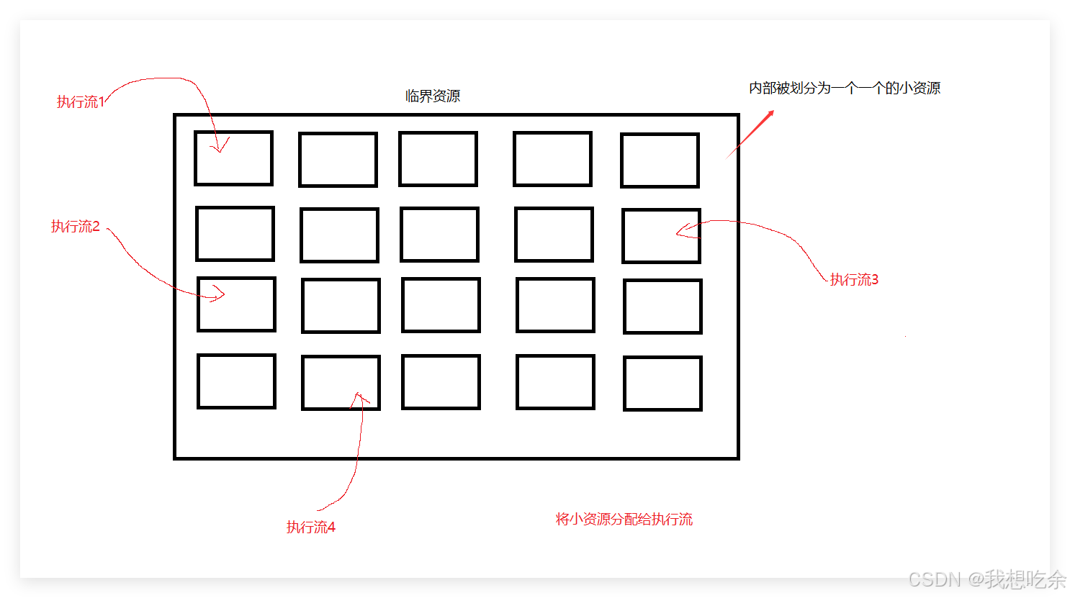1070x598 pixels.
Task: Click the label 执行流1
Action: click(81, 102)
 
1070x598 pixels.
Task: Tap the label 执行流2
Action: click(76, 227)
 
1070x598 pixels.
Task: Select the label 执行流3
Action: click(854, 280)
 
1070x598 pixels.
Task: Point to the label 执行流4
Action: click(311, 527)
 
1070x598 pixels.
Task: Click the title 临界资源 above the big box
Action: click(433, 96)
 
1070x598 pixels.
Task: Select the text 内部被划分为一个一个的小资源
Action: click(845, 89)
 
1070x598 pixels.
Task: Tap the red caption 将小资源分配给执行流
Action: click(624, 520)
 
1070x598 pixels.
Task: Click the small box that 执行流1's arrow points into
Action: click(233, 158)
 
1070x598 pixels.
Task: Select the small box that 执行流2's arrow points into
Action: click(236, 304)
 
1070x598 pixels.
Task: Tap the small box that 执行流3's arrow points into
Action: click(661, 236)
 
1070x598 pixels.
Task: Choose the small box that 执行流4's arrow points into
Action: click(341, 383)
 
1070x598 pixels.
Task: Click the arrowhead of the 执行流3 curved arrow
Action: click(680, 231)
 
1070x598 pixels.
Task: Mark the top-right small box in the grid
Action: click(660, 160)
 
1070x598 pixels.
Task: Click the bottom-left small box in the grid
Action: click(236, 381)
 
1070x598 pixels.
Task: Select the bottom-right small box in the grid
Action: click(662, 384)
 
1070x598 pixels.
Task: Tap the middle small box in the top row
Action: click(438, 159)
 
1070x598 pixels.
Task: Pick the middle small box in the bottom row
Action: click(441, 382)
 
